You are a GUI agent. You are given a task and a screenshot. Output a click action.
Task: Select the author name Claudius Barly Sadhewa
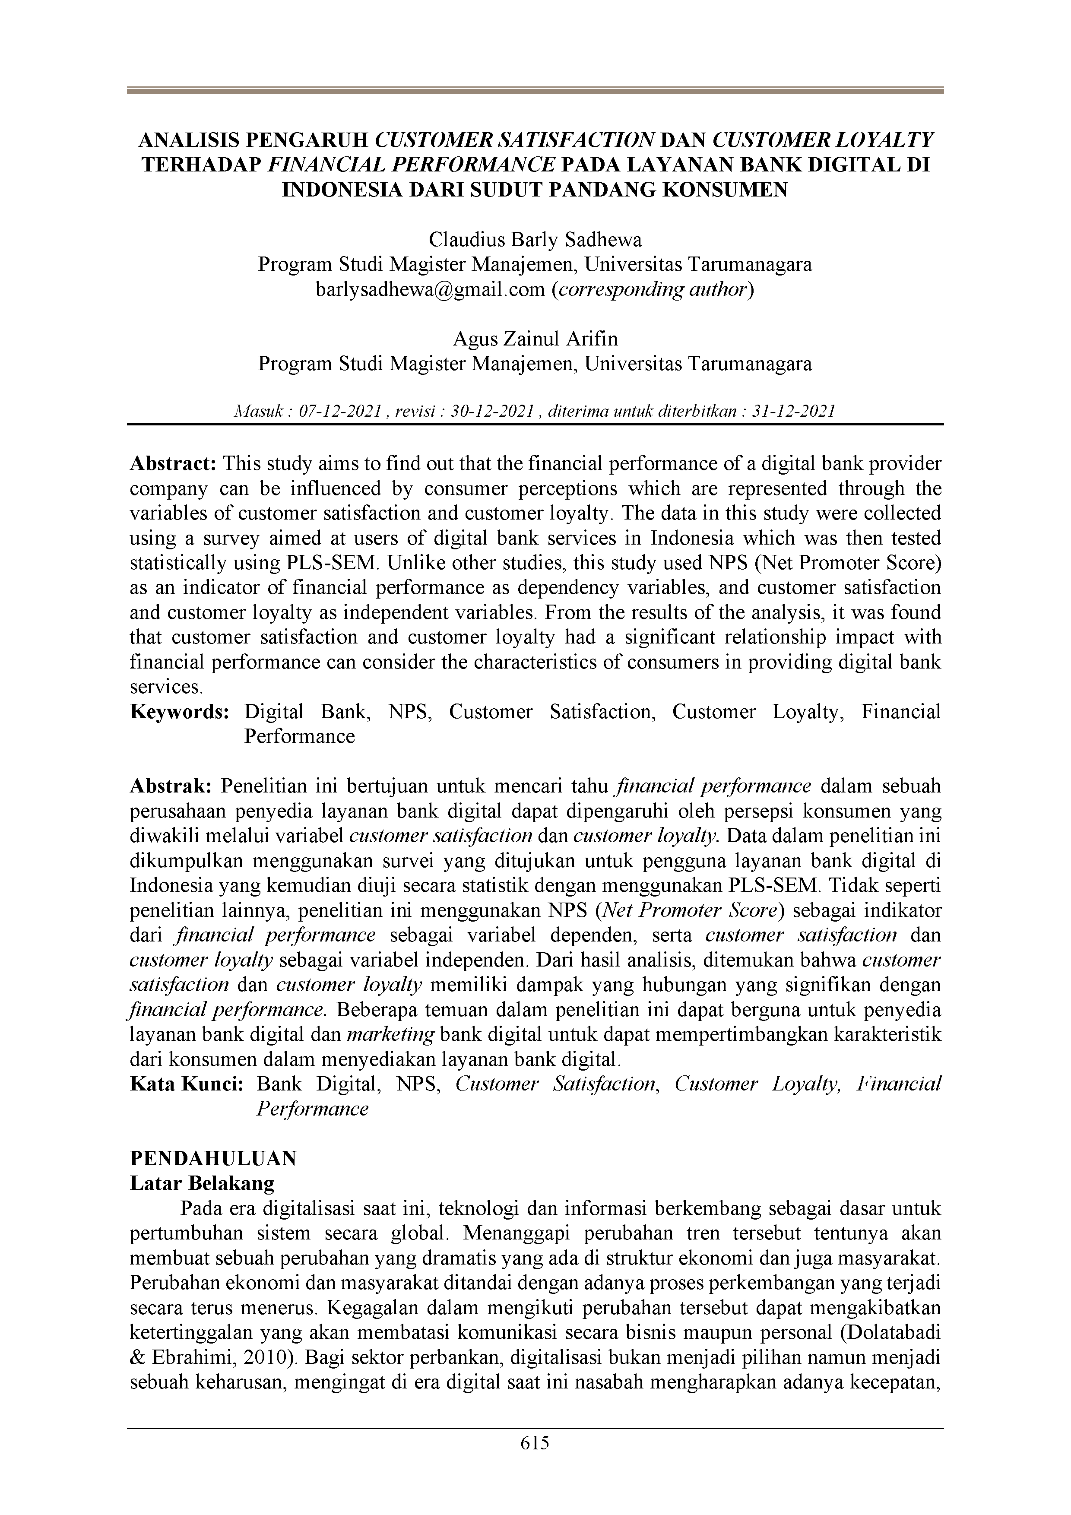point(535,239)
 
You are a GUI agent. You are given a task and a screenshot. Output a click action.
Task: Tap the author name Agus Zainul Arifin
point(535,339)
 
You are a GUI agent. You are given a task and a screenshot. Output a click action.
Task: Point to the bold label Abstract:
point(173,464)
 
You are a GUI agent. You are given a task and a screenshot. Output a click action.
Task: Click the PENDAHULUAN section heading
point(213,1159)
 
